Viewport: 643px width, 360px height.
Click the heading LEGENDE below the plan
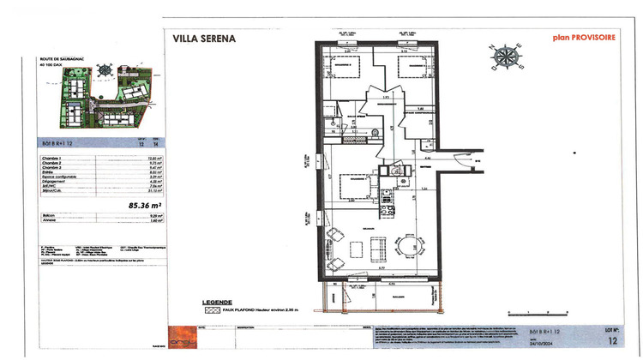click(216, 302)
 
